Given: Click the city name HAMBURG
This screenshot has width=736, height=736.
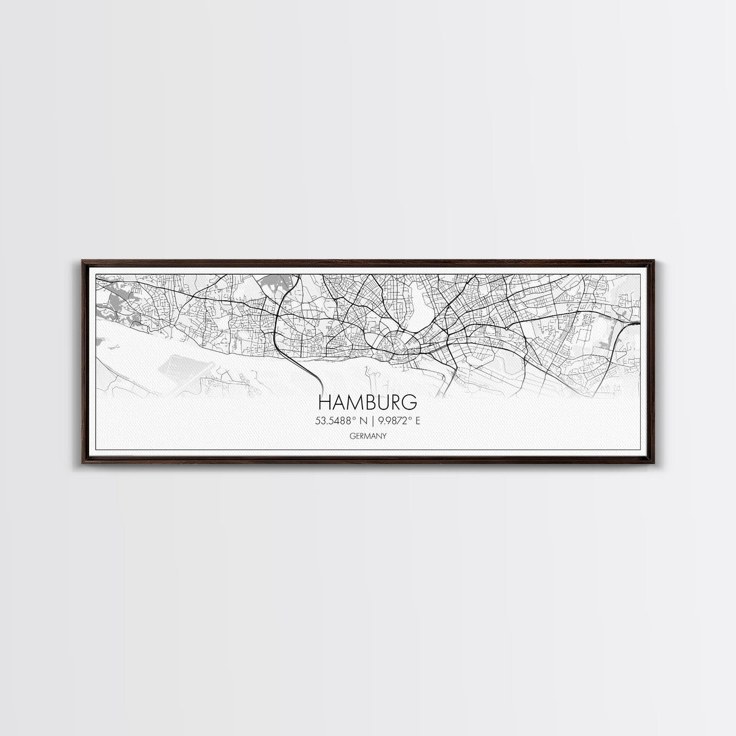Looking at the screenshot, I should pos(367,402).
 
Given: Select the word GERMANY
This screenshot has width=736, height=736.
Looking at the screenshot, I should pos(367,435).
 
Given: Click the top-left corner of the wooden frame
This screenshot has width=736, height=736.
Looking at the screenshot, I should pos(82,261).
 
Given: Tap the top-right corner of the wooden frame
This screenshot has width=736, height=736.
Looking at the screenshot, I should pos(653,261).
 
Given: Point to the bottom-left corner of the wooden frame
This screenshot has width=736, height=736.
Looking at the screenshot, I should pos(82,466).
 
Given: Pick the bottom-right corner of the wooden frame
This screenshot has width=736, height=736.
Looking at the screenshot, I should pos(653,466).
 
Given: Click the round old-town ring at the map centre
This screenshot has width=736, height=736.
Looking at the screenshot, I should pos(398,344).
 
